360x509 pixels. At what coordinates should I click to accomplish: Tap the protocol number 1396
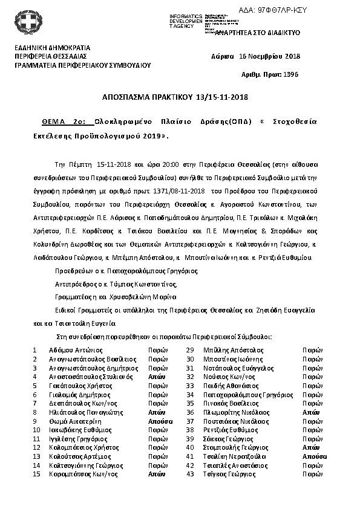(x=291, y=74)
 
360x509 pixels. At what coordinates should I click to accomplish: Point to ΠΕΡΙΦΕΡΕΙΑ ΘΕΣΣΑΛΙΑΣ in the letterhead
(x=50, y=56)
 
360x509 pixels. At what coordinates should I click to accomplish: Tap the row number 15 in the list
(x=36, y=475)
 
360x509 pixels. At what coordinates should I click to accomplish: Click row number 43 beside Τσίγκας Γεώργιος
(x=189, y=475)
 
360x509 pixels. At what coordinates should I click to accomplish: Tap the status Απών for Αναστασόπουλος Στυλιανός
(x=157, y=376)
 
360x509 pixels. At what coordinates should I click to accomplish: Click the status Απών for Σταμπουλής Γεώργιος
(x=310, y=447)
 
